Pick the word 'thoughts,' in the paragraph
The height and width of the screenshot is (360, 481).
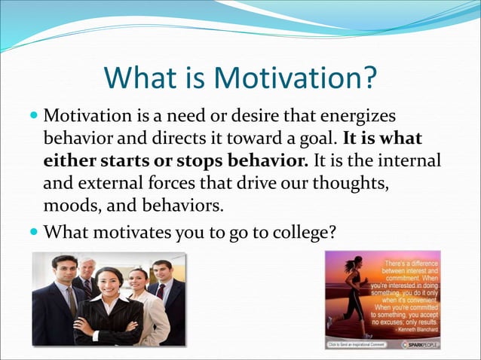point(352,183)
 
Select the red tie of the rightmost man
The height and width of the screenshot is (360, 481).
point(160,292)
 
